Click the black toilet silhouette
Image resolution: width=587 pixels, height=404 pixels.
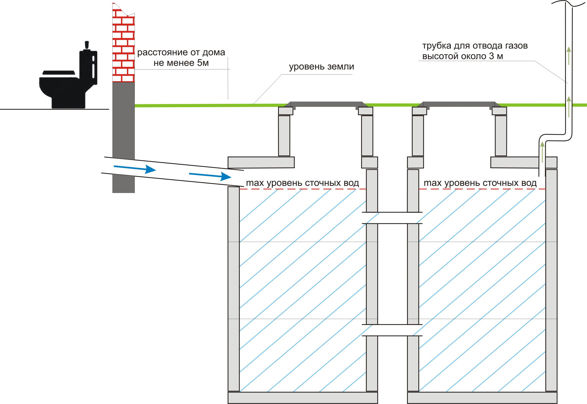(x=67, y=84)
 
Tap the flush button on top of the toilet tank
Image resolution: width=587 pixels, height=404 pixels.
(x=87, y=45)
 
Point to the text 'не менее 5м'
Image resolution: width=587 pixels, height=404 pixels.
(x=181, y=63)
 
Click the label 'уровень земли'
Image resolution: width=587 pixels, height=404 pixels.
(x=321, y=67)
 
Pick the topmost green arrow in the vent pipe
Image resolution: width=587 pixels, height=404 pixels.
(x=569, y=56)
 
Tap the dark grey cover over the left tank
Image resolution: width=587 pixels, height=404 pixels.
(x=326, y=104)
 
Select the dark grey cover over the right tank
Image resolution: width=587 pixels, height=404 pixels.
(x=459, y=104)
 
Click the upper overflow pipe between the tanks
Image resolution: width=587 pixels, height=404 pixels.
(x=392, y=218)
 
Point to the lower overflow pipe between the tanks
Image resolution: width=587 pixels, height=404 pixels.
(x=392, y=330)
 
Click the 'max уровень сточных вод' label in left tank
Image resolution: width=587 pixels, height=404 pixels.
(x=302, y=183)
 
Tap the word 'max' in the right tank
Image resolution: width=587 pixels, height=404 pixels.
(x=432, y=183)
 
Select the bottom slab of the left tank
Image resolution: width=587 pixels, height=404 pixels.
(x=302, y=398)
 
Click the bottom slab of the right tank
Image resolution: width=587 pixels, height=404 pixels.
(x=482, y=398)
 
